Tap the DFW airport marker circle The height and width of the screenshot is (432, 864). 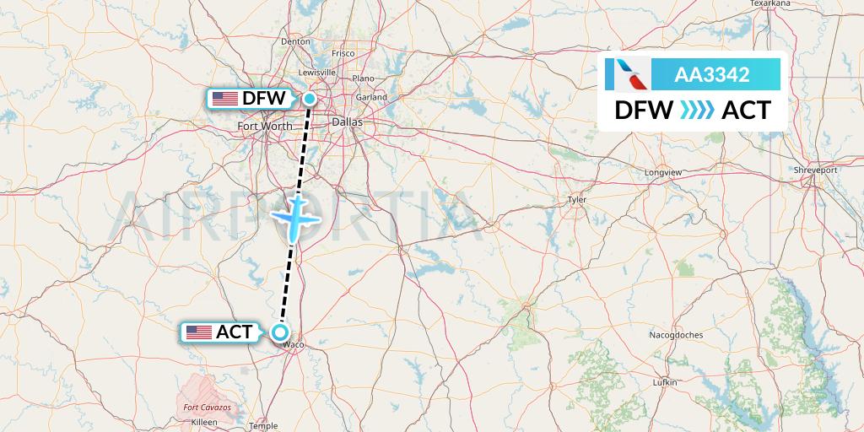pos(310,99)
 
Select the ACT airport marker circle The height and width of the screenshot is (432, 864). pos(280,332)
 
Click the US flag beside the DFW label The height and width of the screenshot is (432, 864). pos(224,99)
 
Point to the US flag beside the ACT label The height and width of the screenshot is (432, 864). pos(198,332)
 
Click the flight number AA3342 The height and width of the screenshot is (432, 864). pos(712,75)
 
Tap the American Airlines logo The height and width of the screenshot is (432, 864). pos(628,75)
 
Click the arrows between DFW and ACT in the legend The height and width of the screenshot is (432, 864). pos(697,111)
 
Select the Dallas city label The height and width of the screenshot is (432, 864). pos(347,122)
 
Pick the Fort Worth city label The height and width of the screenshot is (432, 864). pos(265,127)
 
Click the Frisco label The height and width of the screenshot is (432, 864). pos(343,53)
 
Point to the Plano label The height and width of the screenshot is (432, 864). pos(363,78)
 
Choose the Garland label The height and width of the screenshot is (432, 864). pos(371,97)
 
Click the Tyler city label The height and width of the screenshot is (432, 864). pos(577,200)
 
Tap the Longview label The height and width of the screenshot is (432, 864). pos(662,172)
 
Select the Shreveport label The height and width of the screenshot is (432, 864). pos(816,170)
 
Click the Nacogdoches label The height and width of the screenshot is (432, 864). pos(676,335)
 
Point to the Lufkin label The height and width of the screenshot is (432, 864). pos(665,382)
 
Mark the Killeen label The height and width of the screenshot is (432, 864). pos(205,420)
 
